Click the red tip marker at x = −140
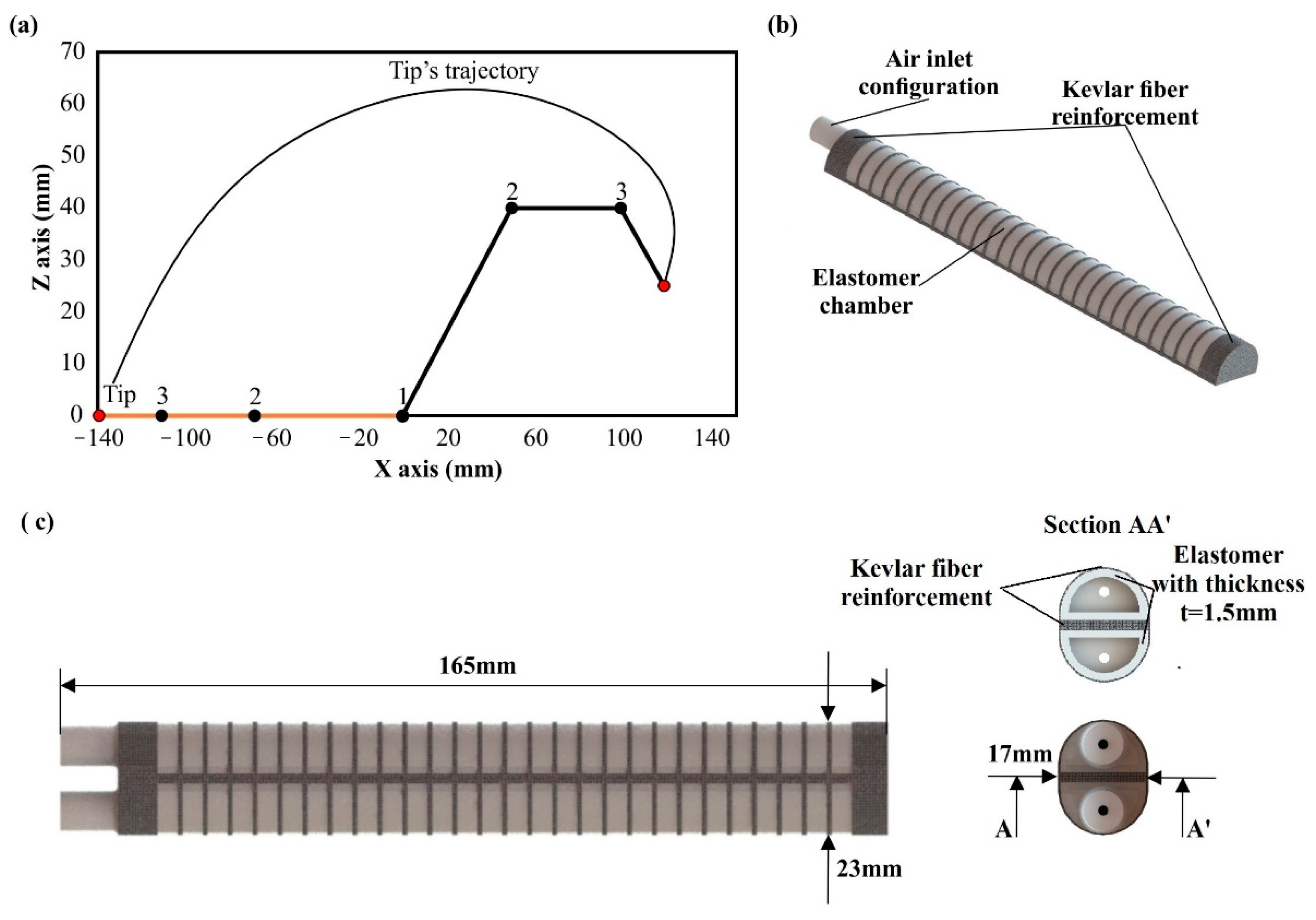(x=99, y=415)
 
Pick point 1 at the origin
(x=403, y=416)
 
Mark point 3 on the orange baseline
(x=162, y=415)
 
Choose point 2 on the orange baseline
(x=254, y=415)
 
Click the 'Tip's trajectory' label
(x=464, y=71)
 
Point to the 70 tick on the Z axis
(x=73, y=52)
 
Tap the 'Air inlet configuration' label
(x=929, y=73)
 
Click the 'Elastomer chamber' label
(x=865, y=292)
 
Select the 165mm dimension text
(x=477, y=666)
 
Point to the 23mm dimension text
(x=869, y=869)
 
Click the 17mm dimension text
(x=1020, y=754)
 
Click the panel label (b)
(x=782, y=26)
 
